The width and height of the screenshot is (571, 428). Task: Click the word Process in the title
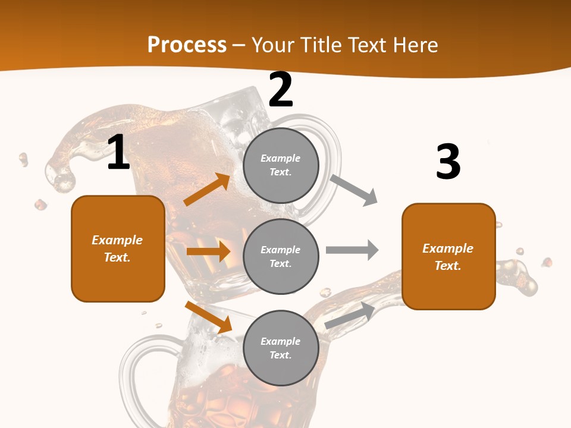click(187, 45)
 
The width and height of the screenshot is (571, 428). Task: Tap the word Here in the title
click(413, 45)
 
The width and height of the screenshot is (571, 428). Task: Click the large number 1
click(118, 153)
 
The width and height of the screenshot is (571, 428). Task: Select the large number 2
click(281, 90)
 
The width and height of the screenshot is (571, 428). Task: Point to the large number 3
click(448, 162)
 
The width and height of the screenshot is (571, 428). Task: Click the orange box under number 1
click(118, 248)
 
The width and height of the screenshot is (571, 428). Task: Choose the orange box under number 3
click(448, 256)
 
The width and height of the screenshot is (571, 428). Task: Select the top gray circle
click(281, 165)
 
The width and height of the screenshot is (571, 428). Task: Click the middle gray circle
click(281, 256)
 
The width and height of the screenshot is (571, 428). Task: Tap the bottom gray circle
click(281, 348)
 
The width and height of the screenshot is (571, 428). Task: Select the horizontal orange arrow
click(208, 251)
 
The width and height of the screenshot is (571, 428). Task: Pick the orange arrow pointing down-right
click(208, 317)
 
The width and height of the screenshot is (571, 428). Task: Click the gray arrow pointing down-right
click(353, 190)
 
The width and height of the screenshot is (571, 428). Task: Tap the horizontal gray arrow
click(352, 250)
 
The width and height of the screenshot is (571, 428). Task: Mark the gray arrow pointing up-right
click(350, 315)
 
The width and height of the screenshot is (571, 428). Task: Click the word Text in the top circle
click(280, 172)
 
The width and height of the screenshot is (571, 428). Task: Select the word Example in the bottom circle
click(280, 341)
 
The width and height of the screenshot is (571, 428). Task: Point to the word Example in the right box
click(448, 248)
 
